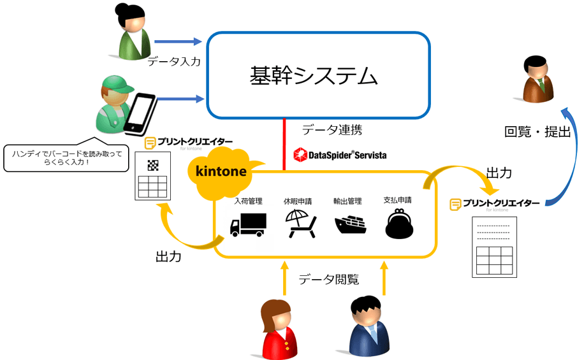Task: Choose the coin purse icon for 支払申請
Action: [400, 224]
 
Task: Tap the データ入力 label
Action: [173, 62]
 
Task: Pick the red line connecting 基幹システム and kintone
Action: [283, 143]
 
